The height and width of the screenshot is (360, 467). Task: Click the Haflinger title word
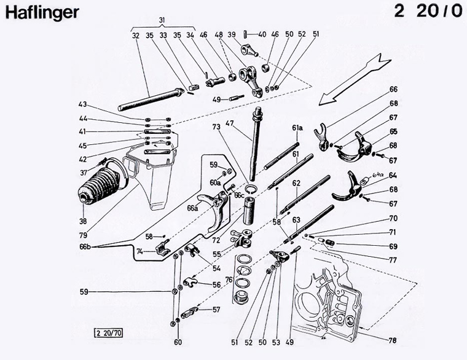click(42, 13)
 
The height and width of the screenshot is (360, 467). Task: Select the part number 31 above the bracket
click(162, 21)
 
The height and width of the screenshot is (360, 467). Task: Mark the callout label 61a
click(297, 128)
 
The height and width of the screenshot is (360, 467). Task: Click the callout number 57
click(216, 310)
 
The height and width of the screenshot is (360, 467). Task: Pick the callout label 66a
click(192, 208)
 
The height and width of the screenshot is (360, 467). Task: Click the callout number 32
click(136, 36)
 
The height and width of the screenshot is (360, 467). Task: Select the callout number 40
click(262, 34)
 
